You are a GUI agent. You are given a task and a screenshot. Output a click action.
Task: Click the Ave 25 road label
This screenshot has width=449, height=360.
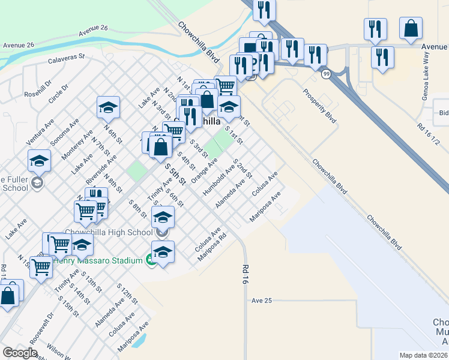pyautogui.click(x=262, y=300)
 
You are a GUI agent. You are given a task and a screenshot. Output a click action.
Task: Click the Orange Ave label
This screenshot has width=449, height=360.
pyautogui.click(x=204, y=171)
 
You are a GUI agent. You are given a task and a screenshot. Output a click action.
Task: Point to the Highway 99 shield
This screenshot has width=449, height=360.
pyautogui.click(x=326, y=73)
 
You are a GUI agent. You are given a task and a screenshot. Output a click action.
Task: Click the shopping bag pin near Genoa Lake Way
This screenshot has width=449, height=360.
pyautogui.click(x=411, y=29)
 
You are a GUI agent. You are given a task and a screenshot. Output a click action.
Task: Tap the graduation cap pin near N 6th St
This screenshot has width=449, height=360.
pyautogui.click(x=108, y=108)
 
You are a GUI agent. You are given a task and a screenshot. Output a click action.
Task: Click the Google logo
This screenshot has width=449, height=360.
pyautogui.click(x=20, y=353)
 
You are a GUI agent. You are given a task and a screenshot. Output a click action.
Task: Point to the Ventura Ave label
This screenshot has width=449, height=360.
pyautogui.click(x=37, y=133)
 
